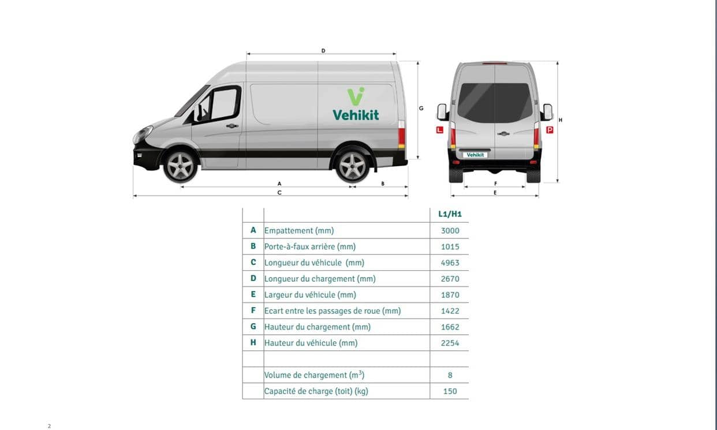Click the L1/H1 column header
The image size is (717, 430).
pyautogui.click(x=450, y=214)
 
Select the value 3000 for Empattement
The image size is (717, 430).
pyautogui.click(x=450, y=231)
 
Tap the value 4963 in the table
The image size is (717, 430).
pyautogui.click(x=450, y=263)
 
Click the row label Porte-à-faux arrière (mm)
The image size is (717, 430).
pyautogui.click(x=310, y=246)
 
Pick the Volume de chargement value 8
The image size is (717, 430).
pyautogui.click(x=450, y=375)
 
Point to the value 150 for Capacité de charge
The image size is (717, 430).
pyautogui.click(x=450, y=391)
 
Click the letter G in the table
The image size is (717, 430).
pyautogui.click(x=253, y=326)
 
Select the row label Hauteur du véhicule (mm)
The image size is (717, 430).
pyautogui.click(x=311, y=343)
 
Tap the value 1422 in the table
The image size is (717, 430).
pyautogui.click(x=450, y=311)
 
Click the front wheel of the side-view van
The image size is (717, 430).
pyautogui.click(x=180, y=167)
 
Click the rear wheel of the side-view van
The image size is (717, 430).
pyautogui.click(x=352, y=167)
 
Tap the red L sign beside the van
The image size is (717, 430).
pyautogui.click(x=440, y=130)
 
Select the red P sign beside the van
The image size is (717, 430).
pyautogui.click(x=550, y=130)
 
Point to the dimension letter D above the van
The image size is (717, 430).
pyautogui.click(x=323, y=51)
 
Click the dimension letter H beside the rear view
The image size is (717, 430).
pyautogui.click(x=561, y=120)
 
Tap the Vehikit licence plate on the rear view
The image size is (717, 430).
pyautogui.click(x=475, y=155)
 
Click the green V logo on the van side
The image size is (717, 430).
pyautogui.click(x=356, y=96)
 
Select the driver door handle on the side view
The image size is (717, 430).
pyautogui.click(x=232, y=126)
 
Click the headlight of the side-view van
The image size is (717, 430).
pyautogui.click(x=143, y=134)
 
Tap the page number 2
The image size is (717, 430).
pyautogui.click(x=49, y=426)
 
